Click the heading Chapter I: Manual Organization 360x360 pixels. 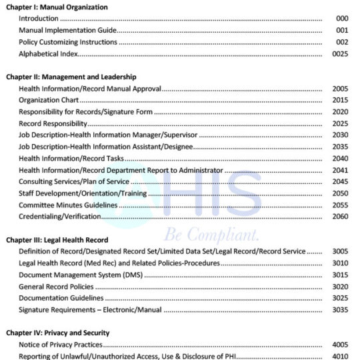click(x=57, y=7)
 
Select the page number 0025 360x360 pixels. click(x=340, y=54)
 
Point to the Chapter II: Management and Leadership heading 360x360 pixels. click(x=71, y=77)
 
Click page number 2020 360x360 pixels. click(x=340, y=111)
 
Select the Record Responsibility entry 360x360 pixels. click(x=53, y=123)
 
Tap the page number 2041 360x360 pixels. click(x=340, y=170)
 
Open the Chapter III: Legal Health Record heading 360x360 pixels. click(x=57, y=239)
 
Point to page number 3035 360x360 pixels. click(x=340, y=309)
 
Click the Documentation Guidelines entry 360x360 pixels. click(x=61, y=298)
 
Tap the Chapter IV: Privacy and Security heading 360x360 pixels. click(x=58, y=332)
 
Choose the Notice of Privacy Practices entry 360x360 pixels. click(x=61, y=344)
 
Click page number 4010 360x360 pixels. click(x=340, y=356)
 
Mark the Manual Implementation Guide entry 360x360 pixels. click(x=68, y=31)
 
